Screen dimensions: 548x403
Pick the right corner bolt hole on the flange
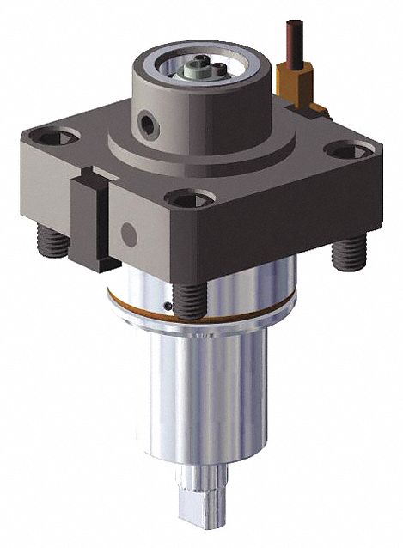[351, 152]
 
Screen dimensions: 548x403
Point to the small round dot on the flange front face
[129, 232]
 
